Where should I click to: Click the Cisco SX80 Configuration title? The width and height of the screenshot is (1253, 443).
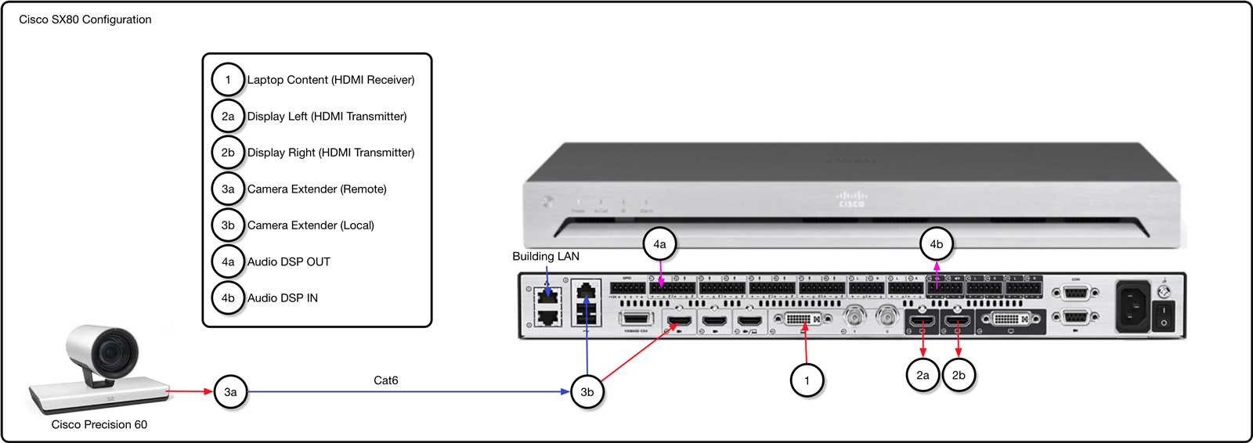(x=85, y=20)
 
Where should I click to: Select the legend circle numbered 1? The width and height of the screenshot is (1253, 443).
(x=228, y=80)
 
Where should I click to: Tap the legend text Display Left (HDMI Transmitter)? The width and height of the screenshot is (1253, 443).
(x=327, y=117)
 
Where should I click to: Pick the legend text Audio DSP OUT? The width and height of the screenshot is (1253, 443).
(x=288, y=262)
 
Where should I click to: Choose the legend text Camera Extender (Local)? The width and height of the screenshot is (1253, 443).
(x=310, y=225)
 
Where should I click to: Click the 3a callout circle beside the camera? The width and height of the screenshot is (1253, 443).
(x=230, y=391)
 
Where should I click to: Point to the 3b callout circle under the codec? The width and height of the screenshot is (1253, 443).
(x=587, y=391)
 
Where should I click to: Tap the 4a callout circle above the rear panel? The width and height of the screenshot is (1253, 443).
(x=659, y=244)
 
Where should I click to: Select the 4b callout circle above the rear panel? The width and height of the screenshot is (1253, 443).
(x=936, y=244)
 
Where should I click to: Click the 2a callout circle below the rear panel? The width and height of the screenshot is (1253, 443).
(x=923, y=375)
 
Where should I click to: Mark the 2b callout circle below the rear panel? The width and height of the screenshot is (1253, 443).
(x=959, y=375)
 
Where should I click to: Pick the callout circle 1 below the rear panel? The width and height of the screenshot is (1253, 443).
(x=807, y=380)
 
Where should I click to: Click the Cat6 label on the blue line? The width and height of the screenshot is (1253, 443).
(x=385, y=380)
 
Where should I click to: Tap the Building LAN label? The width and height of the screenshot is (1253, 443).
(x=546, y=257)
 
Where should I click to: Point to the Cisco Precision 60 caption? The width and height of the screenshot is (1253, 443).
(x=99, y=425)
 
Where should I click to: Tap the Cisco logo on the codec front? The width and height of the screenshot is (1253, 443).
(x=851, y=199)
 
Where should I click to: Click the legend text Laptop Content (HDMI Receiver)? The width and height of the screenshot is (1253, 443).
(x=330, y=80)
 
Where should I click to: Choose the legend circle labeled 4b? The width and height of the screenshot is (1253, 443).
(x=228, y=298)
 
